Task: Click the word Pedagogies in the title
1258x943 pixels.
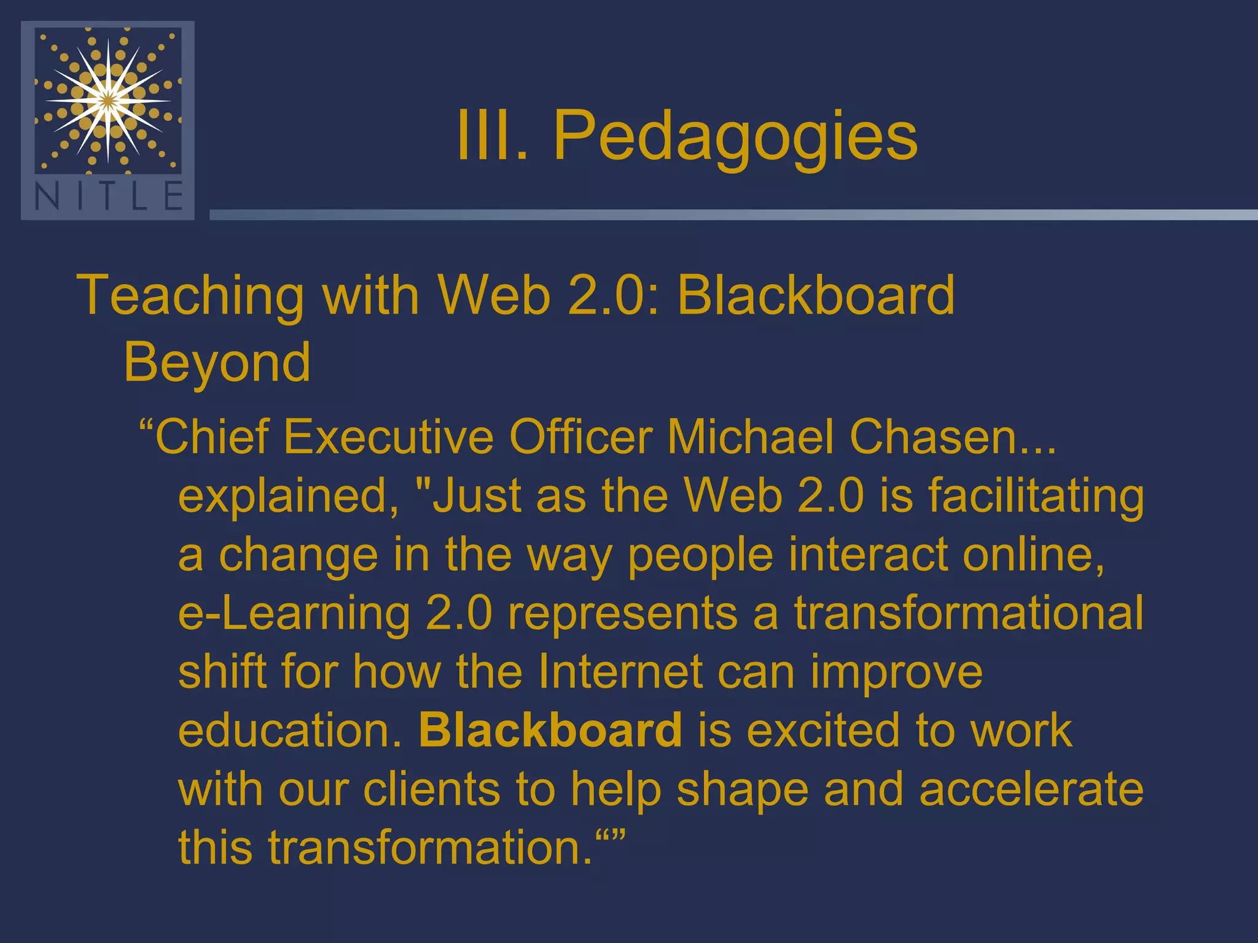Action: click(x=735, y=136)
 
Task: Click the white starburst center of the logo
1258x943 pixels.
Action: click(x=108, y=100)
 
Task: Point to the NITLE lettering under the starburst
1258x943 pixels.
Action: click(x=109, y=197)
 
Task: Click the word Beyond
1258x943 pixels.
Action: click(x=217, y=362)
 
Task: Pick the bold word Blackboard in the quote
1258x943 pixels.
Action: click(x=550, y=730)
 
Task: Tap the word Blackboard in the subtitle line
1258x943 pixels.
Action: click(x=816, y=295)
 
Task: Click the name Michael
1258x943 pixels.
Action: click(x=751, y=437)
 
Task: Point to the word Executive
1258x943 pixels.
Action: click(x=388, y=437)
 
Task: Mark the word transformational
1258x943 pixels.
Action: click(x=969, y=613)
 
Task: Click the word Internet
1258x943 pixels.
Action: click(x=620, y=672)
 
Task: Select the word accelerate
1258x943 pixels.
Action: click(x=1031, y=789)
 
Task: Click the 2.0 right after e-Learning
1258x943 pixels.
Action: click(x=459, y=613)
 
